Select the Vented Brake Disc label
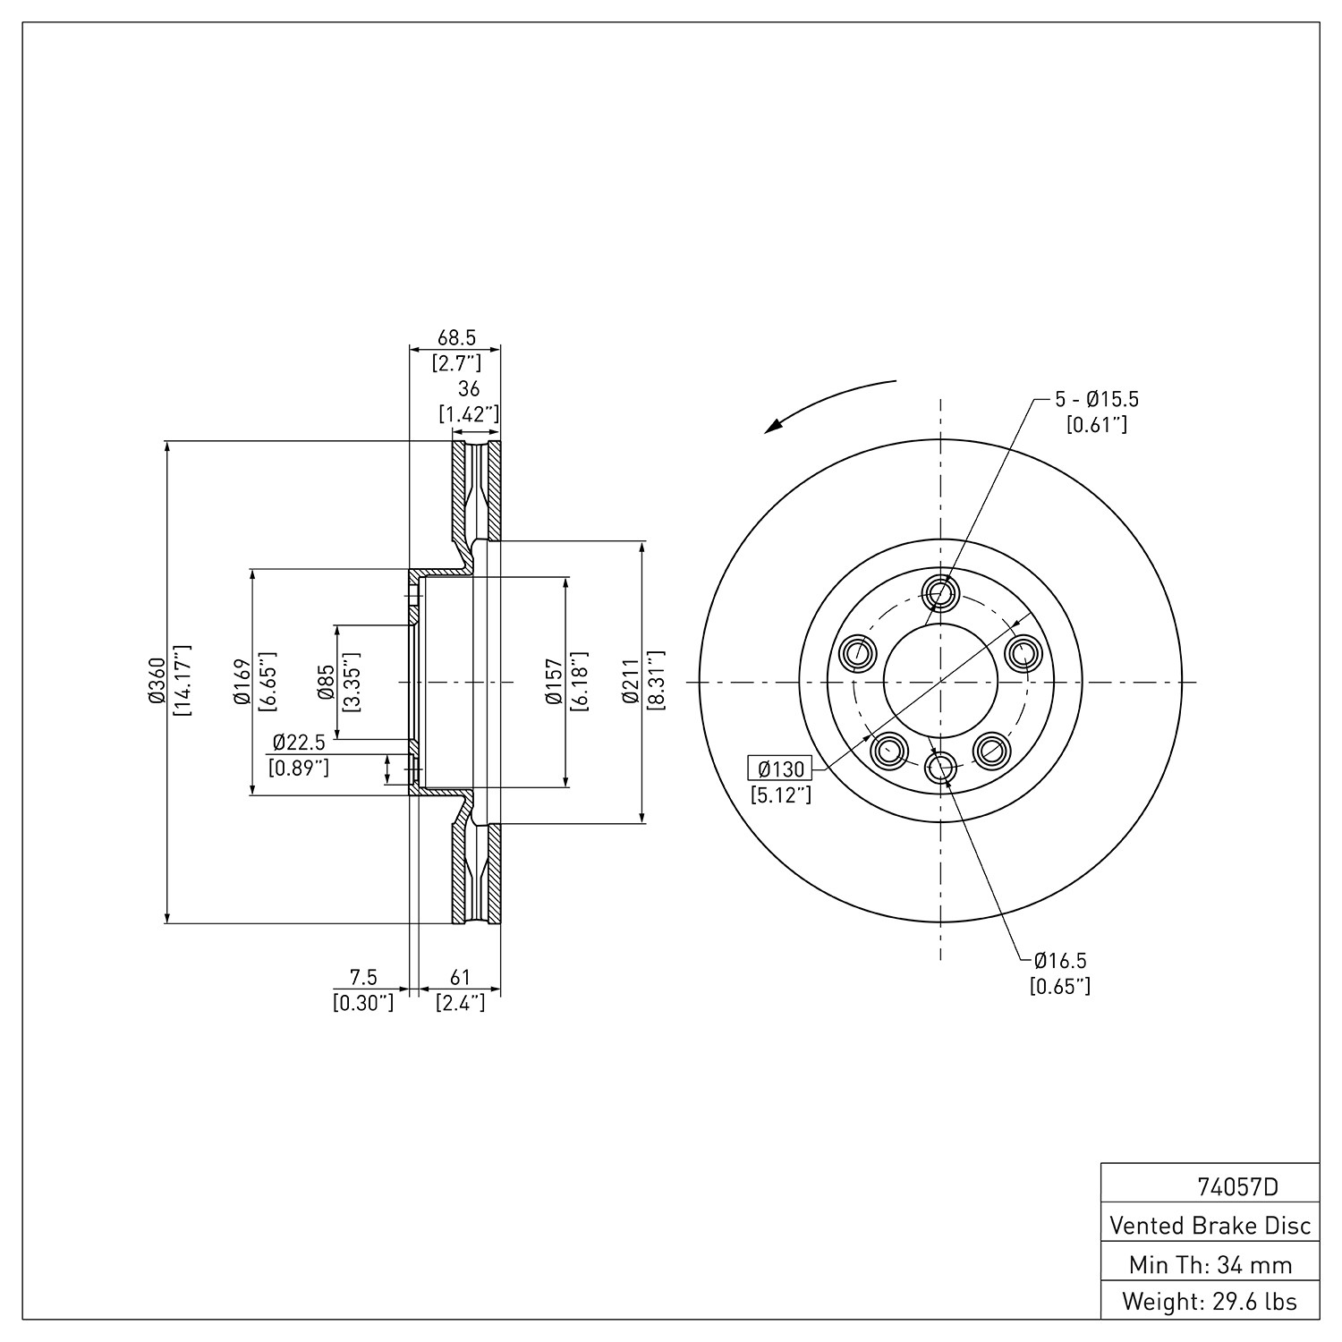pos(1210,1225)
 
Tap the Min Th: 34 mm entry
pos(1210,1264)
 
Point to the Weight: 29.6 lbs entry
pos(1210,1302)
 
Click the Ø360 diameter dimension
pos(157,682)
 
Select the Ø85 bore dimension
pos(326,682)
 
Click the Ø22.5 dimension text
pos(299,743)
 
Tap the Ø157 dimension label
pos(555,682)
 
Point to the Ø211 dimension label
pos(631,682)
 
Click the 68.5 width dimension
pos(456,338)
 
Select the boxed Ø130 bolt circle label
pos(780,769)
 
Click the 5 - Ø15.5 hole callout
pos(1097,399)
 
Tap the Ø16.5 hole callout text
pos(1060,961)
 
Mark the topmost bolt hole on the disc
pos(940,592)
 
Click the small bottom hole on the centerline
pos(940,766)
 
